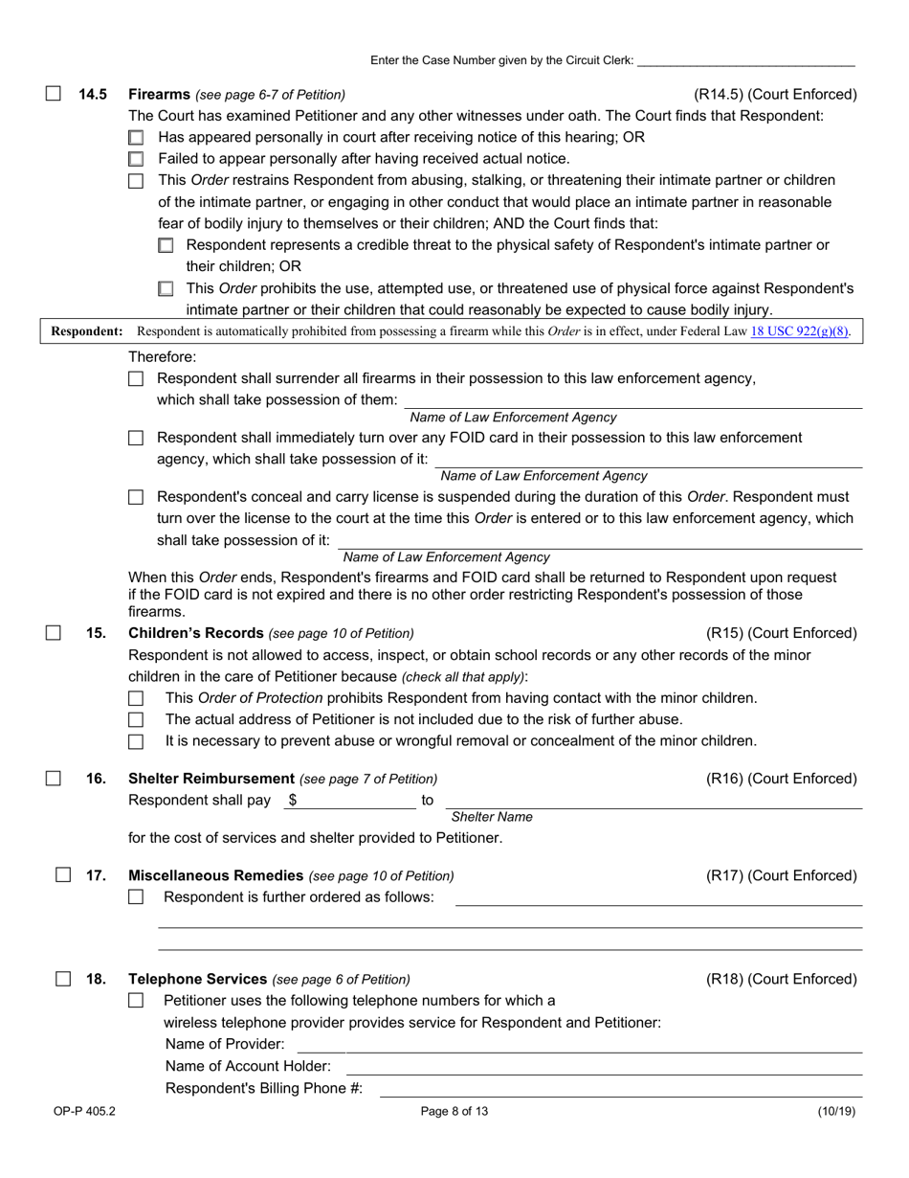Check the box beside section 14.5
tap(54, 94)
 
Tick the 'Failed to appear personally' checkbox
tap(136, 159)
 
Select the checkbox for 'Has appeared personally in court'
tap(136, 138)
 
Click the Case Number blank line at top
tap(745, 59)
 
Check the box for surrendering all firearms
tap(136, 379)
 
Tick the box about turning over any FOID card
tap(136, 439)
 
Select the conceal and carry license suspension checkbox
tap(136, 497)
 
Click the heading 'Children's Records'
tap(196, 633)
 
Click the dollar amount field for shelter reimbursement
tap(354, 800)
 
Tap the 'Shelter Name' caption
tap(492, 817)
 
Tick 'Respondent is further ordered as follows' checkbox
tap(136, 897)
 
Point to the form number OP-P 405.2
tap(85, 1112)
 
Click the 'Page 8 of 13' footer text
tap(454, 1112)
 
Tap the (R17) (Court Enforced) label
tap(781, 875)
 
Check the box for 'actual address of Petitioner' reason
tap(136, 719)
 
